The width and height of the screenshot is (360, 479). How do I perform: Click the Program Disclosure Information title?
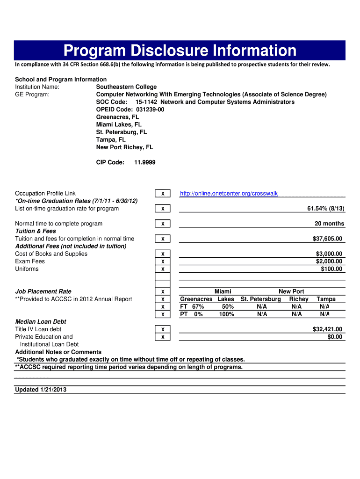[x=180, y=51]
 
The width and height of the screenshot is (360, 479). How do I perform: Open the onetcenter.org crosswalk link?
[x=229, y=194]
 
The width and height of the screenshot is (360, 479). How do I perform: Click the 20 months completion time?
[x=329, y=224]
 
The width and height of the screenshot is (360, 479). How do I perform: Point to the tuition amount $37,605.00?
[x=327, y=239]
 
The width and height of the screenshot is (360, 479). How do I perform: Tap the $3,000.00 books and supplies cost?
[x=329, y=254]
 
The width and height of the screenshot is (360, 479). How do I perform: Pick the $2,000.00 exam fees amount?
[x=329, y=261]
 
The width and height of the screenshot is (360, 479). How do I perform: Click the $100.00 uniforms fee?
[x=331, y=269]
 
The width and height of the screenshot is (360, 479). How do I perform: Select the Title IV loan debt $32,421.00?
[x=327, y=329]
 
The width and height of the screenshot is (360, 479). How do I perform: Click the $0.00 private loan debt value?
[x=334, y=337]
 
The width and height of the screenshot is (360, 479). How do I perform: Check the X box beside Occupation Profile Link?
[x=162, y=194]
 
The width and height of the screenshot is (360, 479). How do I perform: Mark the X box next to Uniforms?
[x=162, y=269]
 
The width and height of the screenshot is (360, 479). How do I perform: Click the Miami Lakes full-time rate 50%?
[x=228, y=307]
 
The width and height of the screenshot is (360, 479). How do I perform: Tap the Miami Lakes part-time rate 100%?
[x=226, y=314]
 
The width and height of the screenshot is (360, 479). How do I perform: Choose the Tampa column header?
[x=326, y=299]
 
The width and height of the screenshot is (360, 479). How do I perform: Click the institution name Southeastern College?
[x=126, y=87]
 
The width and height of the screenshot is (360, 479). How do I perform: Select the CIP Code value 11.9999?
[x=144, y=162]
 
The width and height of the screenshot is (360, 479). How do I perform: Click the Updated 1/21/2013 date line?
[x=41, y=390]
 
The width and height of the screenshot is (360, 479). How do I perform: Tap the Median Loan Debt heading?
[x=41, y=322]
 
